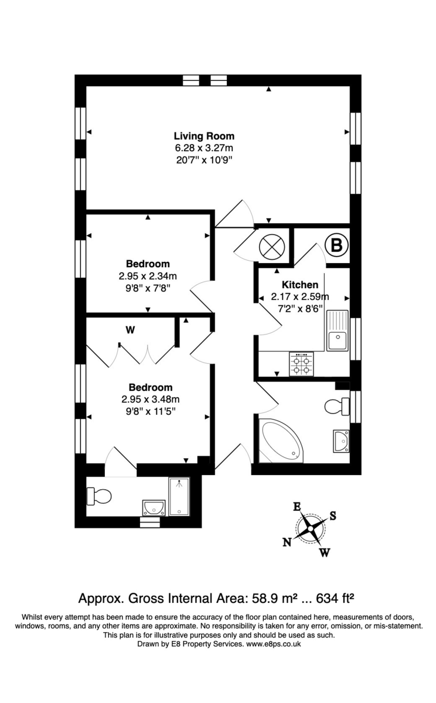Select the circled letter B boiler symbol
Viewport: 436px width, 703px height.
336,245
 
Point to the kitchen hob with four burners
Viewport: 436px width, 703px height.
301,363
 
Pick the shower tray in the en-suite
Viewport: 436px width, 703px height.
179,496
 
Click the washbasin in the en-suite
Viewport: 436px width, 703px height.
154,507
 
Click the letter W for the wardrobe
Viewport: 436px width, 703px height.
130,330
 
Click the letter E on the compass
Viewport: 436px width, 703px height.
297,507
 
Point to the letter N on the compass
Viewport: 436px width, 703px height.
287,542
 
